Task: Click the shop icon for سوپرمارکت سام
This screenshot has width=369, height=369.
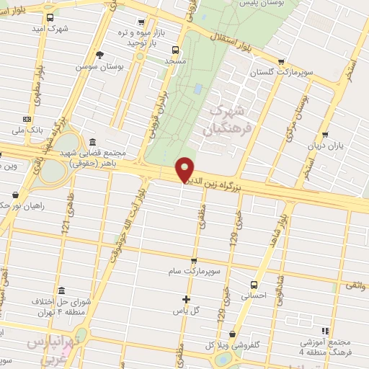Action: point(193,260)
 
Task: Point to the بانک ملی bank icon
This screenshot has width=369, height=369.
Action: point(27,119)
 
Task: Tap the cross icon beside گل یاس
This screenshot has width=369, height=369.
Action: point(186,298)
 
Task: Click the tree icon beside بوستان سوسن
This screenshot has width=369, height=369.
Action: point(99,54)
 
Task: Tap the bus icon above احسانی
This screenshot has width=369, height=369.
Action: point(254,285)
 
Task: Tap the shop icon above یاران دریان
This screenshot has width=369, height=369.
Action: point(325,135)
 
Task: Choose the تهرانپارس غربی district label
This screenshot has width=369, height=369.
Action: point(52,350)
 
